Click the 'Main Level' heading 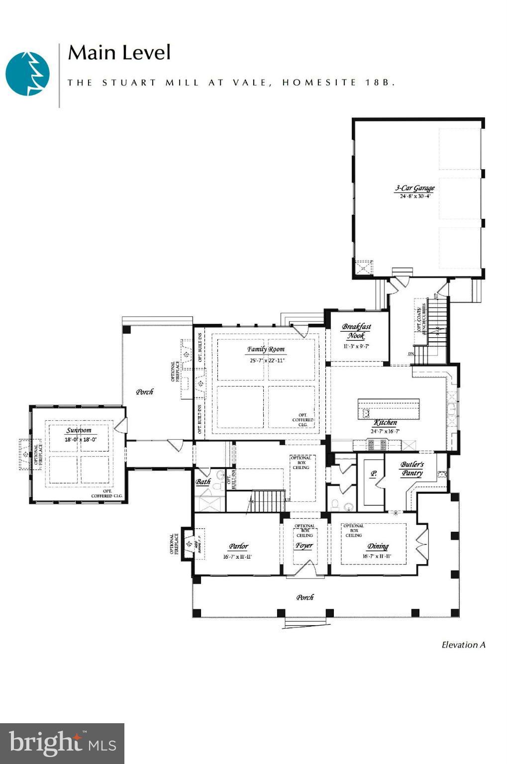pos(119,53)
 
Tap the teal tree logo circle pos(28,74)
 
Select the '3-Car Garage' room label pos(414,188)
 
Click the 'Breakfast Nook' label pos(356,331)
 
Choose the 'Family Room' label pos(266,349)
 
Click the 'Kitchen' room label pos(385,423)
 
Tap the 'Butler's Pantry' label pos(412,469)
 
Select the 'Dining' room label pos(378,546)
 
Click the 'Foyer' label pos(304,545)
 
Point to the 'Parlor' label pos(238,546)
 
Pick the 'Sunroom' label pos(79,430)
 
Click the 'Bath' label pos(203,481)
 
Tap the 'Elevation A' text pos(463,645)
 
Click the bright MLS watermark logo pos(62,743)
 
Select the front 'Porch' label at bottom pos(305,597)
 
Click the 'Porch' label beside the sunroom pos(145,392)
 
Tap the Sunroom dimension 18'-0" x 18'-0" pos(80,440)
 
